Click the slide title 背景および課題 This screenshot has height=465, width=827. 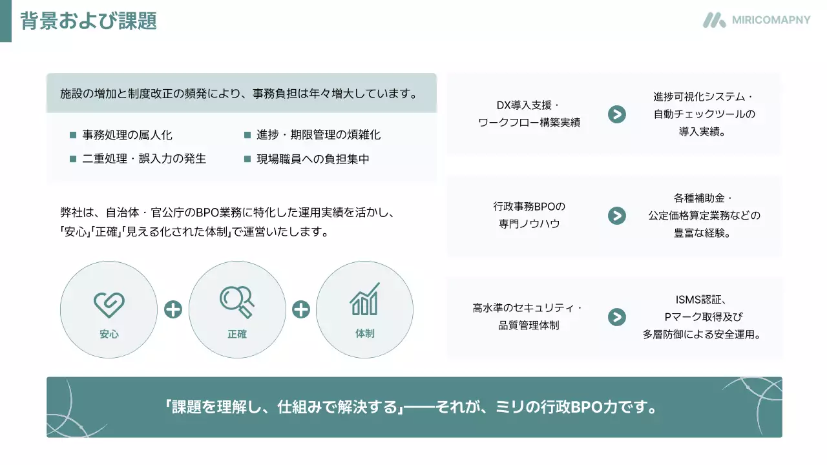point(89,21)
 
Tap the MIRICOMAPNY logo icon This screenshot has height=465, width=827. point(715,20)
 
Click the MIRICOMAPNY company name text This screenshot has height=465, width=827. point(771,20)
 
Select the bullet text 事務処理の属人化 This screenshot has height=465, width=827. point(127,135)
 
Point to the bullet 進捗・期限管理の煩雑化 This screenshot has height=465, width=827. point(319,135)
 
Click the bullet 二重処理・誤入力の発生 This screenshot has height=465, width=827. point(144,159)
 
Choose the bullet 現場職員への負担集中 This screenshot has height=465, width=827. point(313,159)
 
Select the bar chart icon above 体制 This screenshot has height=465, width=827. point(364,299)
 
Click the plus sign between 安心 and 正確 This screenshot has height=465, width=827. point(173,310)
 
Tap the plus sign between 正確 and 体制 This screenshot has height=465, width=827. point(301,310)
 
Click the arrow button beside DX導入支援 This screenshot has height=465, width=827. point(617,114)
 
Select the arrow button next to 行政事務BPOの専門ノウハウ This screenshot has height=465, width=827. point(617,216)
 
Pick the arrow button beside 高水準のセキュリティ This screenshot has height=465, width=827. point(617,316)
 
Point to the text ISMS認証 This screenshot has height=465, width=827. point(701,299)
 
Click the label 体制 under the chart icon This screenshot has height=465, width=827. point(364,334)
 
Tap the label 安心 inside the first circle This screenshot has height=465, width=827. point(109,335)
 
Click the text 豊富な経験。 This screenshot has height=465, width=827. point(702,233)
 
